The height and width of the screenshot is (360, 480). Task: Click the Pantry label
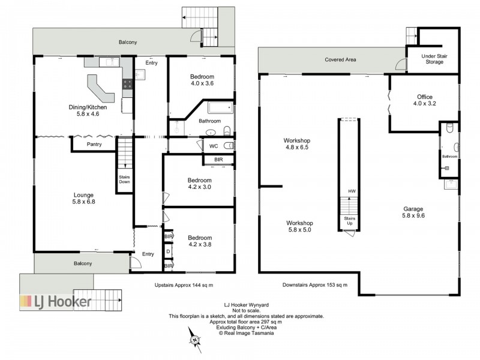pyautogui.click(x=94, y=144)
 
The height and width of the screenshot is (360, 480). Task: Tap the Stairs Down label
pyautogui.click(x=124, y=179)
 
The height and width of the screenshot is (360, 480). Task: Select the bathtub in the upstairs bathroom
pyautogui.click(x=220, y=108)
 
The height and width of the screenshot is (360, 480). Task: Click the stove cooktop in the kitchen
pyautogui.click(x=128, y=84)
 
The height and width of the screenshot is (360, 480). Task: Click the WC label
pyautogui.click(x=214, y=146)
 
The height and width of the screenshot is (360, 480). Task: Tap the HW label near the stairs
pyautogui.click(x=352, y=191)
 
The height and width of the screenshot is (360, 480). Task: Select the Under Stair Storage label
pyautogui.click(x=434, y=59)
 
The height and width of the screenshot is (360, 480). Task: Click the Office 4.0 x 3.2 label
pyautogui.click(x=425, y=100)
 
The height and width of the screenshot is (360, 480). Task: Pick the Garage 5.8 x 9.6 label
pyautogui.click(x=413, y=212)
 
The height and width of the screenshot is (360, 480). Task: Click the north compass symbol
pyautogui.click(x=194, y=340)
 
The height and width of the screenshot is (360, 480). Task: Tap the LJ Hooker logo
pyautogui.click(x=55, y=302)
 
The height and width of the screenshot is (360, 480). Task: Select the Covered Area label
pyautogui.click(x=340, y=59)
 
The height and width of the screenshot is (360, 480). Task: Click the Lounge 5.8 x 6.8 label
pyautogui.click(x=83, y=199)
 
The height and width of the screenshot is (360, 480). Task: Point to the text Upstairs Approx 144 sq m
pyautogui.click(x=184, y=285)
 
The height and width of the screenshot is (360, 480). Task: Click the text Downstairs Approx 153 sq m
pyautogui.click(x=315, y=284)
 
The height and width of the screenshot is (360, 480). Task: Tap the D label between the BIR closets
pyautogui.click(x=168, y=251)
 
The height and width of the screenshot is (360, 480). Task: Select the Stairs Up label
pyautogui.click(x=350, y=221)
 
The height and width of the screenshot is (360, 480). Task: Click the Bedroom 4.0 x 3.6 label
pyautogui.click(x=202, y=80)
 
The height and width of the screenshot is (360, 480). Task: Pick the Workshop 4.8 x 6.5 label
pyautogui.click(x=297, y=144)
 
